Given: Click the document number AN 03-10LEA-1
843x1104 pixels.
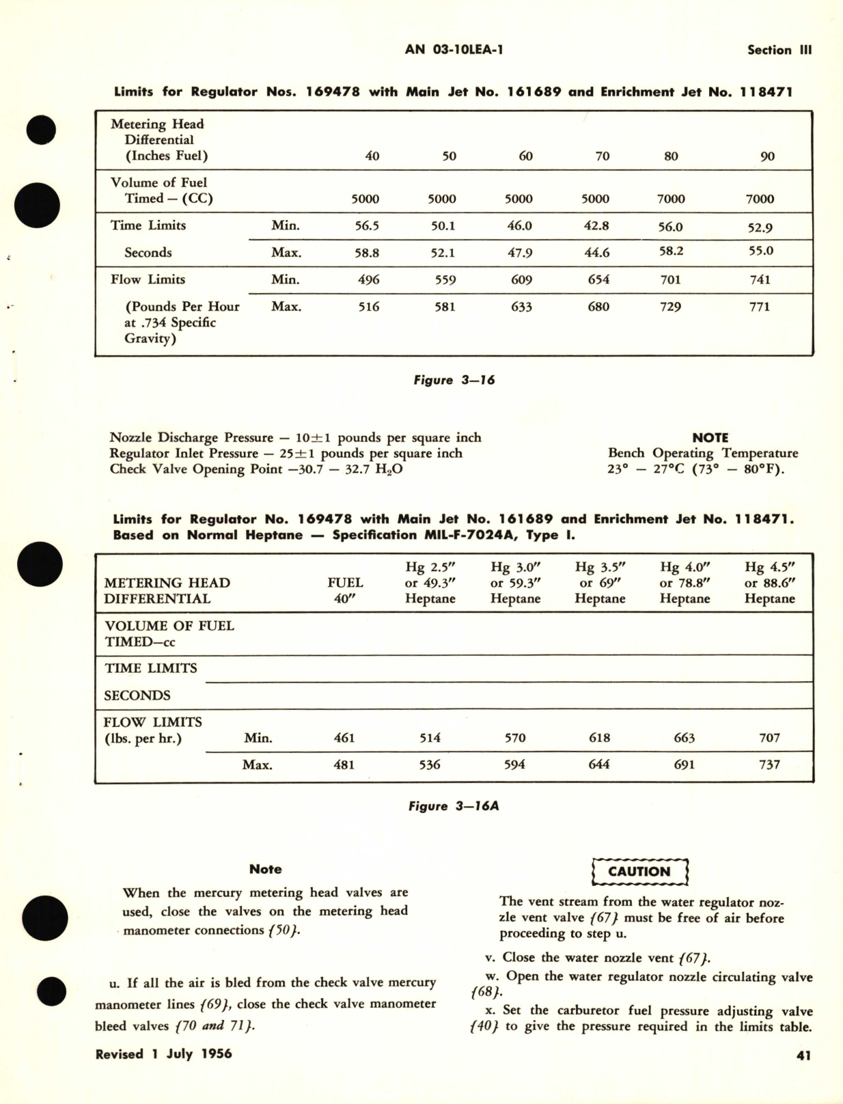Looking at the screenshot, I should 454,49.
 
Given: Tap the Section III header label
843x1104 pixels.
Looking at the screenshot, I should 779,50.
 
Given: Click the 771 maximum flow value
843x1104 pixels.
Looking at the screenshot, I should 760,307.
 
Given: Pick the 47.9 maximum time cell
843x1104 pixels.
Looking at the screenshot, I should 520,253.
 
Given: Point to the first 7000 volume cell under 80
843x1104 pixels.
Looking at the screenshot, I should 670,199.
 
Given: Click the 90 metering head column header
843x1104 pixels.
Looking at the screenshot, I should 767,156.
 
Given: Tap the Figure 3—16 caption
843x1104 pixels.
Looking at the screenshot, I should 454,380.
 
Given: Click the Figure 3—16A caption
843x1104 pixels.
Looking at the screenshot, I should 454,806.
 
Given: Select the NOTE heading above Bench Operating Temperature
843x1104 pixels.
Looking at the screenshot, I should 710,437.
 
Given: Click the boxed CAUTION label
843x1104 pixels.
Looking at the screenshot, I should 639,871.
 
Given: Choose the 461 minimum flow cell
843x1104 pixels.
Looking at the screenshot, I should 344,738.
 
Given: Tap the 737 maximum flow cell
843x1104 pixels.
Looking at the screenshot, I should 769,764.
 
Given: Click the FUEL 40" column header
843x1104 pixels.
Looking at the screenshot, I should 345,590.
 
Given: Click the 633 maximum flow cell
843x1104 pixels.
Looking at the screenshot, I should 521,307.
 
